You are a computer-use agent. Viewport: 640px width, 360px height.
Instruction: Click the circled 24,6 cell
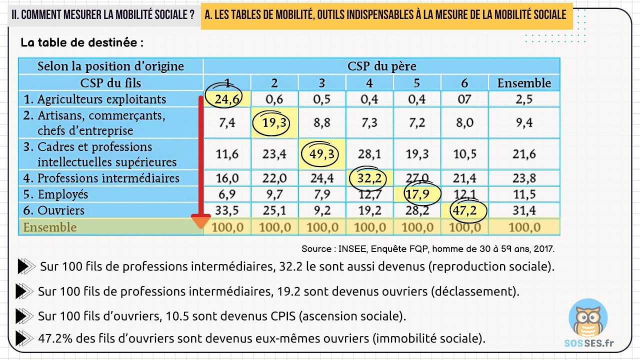[227, 99]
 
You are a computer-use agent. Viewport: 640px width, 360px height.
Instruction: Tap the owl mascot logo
[588, 320]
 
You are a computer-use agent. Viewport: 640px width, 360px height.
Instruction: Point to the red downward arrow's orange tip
[201, 221]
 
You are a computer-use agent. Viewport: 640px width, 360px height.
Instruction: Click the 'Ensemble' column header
[523, 83]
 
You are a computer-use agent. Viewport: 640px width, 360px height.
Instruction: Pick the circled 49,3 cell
[321, 154]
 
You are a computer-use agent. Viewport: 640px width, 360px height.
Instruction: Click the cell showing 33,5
[227, 210]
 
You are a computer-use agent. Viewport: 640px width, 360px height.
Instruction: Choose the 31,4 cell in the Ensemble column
[523, 210]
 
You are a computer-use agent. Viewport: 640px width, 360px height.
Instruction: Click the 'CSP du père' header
[381, 66]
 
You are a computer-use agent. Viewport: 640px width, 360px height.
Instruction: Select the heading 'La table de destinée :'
[82, 42]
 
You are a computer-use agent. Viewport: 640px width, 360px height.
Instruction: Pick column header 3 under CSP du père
[321, 83]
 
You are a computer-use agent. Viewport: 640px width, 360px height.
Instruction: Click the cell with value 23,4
[274, 154]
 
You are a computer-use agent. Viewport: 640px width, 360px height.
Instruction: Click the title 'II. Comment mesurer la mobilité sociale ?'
[103, 15]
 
